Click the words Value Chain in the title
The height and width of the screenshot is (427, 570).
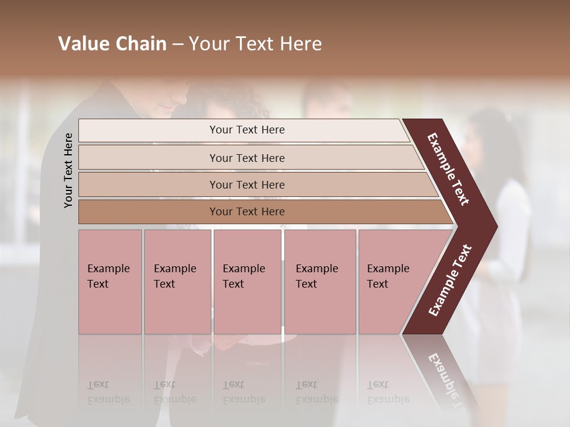(112, 44)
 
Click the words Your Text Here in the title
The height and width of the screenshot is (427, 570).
(255, 44)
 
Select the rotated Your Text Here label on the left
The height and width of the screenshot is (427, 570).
(69, 170)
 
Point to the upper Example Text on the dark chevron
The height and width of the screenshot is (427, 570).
(449, 169)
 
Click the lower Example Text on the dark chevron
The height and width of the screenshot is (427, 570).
(450, 281)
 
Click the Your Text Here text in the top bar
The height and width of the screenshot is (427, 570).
(247, 130)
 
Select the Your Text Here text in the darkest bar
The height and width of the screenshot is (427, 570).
(247, 212)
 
